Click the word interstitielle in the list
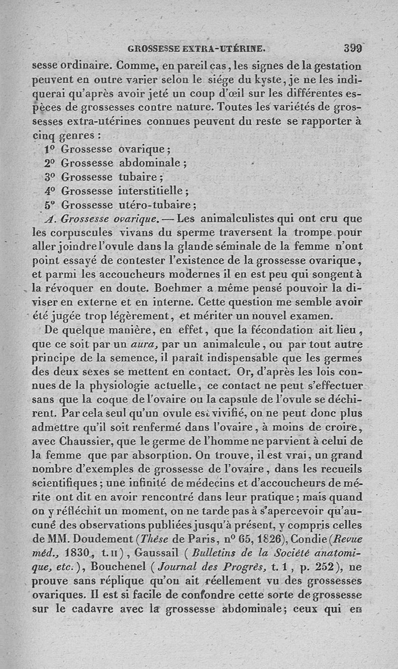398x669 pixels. pyautogui.click(x=151, y=191)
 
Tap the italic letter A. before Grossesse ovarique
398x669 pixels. pyautogui.click(x=48, y=219)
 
